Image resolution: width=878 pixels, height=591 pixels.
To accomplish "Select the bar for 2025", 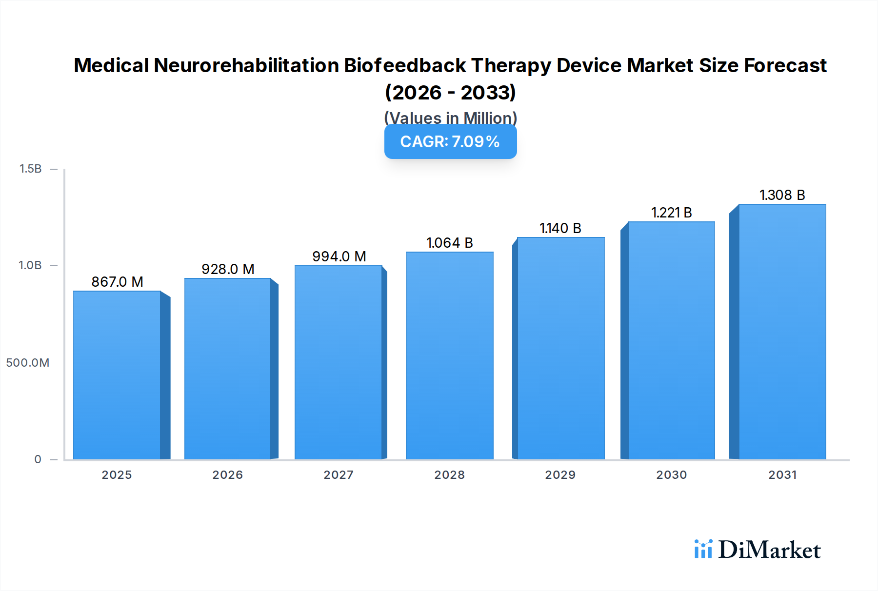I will (x=117, y=375).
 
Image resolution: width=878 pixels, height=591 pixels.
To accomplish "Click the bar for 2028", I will (x=449, y=356).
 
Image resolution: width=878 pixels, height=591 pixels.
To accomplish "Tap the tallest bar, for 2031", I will (x=782, y=332).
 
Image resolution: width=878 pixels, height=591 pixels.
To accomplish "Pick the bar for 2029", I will (x=560, y=349).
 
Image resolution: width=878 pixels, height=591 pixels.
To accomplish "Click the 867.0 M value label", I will (x=117, y=282).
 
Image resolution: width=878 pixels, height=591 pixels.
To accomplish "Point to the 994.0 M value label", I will (x=339, y=256).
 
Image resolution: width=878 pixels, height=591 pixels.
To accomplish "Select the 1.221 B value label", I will (x=671, y=213).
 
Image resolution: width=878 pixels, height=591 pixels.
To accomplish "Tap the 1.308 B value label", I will (x=782, y=195).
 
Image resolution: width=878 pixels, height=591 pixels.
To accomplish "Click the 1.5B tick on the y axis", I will (x=30, y=169).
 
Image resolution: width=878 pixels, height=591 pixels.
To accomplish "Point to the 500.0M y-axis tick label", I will (x=28, y=363).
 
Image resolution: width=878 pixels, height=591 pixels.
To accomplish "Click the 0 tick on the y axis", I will (x=38, y=459).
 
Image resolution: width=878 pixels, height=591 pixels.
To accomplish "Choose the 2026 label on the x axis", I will (x=227, y=475).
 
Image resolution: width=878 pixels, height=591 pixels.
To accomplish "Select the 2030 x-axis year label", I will (x=671, y=475).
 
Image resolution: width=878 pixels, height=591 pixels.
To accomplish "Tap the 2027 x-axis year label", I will (x=339, y=475).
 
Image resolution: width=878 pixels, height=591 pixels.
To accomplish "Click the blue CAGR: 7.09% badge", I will (x=450, y=142).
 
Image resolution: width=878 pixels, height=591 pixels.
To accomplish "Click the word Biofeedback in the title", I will (x=404, y=65).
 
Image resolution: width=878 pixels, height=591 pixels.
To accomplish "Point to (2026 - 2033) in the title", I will (x=450, y=92).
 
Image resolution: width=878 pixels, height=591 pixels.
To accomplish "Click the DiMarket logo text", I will (x=769, y=550).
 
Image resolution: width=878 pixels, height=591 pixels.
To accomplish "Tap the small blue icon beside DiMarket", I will (x=703, y=549).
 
